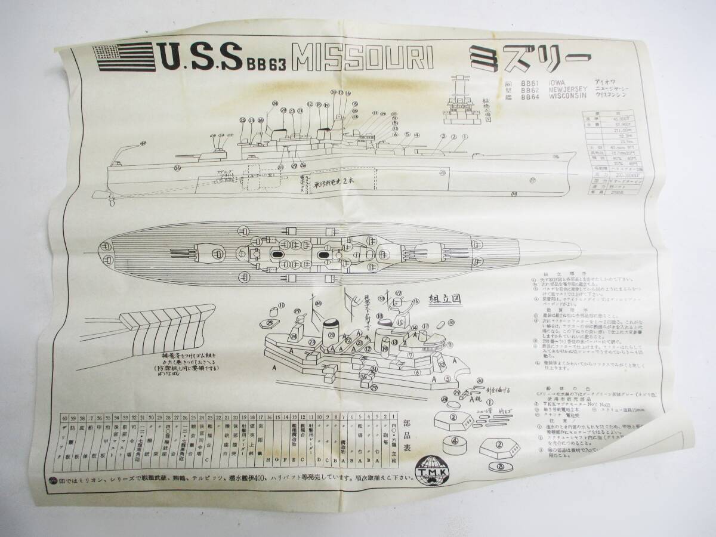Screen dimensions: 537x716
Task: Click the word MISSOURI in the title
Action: click(x=369, y=58)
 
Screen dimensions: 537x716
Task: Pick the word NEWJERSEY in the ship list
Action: click(x=564, y=89)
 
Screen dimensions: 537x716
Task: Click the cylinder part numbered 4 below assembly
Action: click(x=455, y=443)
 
